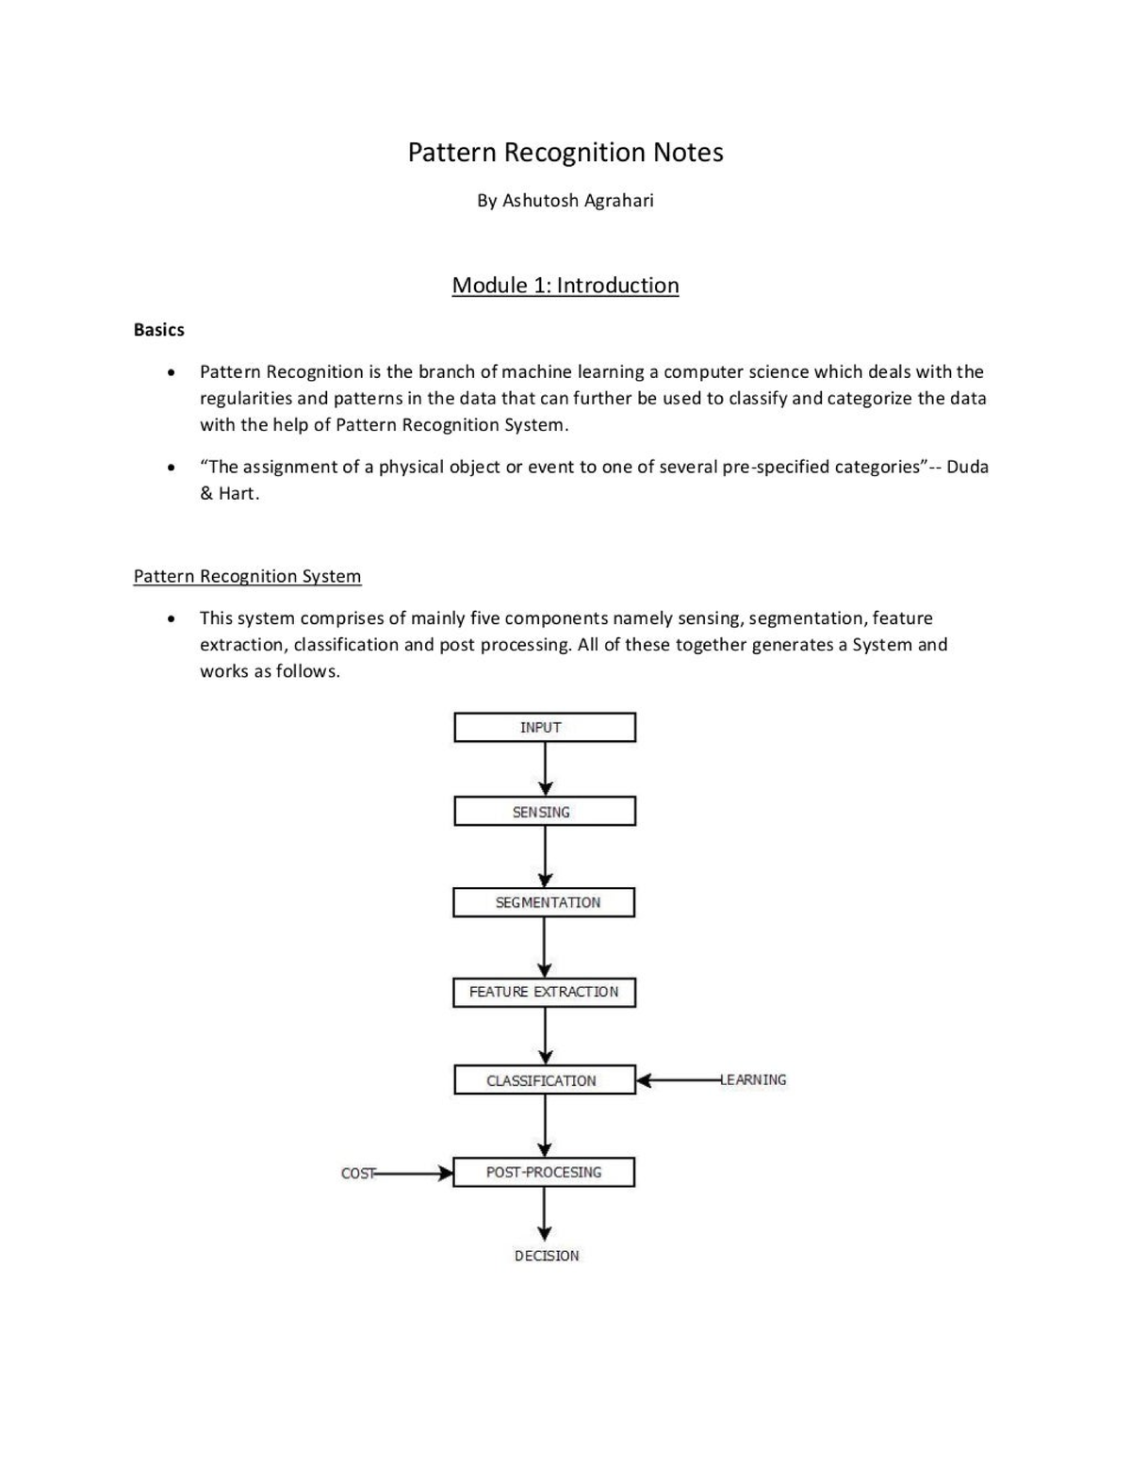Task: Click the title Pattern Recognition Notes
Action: click(565, 153)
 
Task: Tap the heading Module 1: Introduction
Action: click(565, 286)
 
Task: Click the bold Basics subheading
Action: click(158, 330)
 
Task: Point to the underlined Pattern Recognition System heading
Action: click(247, 576)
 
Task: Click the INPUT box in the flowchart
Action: click(544, 728)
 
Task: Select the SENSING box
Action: click(544, 812)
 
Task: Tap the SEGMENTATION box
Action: click(544, 902)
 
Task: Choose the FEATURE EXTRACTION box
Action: click(544, 992)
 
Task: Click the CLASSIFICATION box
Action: click(544, 1080)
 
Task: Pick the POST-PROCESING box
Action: click(544, 1172)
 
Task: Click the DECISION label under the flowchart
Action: click(547, 1256)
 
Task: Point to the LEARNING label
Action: click(754, 1080)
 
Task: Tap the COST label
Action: click(357, 1174)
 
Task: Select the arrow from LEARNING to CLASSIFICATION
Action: click(679, 1080)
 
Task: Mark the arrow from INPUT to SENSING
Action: click(545, 768)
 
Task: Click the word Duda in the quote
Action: click(967, 467)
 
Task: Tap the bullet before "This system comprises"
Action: click(171, 619)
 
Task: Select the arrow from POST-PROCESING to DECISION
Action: click(544, 1213)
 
